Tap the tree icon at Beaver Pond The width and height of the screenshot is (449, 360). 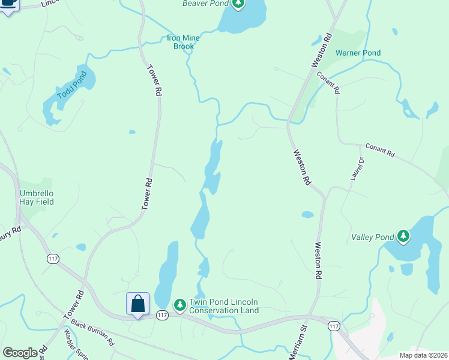click(x=238, y=4)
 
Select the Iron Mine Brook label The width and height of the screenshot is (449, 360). click(x=182, y=42)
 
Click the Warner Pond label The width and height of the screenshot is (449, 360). click(x=358, y=53)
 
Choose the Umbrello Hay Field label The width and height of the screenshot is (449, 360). click(x=37, y=197)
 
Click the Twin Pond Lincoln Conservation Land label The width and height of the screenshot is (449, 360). click(x=223, y=306)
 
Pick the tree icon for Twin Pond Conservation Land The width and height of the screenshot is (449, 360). click(x=179, y=305)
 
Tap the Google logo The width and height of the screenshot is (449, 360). click(x=20, y=353)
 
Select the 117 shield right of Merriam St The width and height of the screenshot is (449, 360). click(x=334, y=326)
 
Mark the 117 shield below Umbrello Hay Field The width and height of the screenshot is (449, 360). click(x=53, y=259)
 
